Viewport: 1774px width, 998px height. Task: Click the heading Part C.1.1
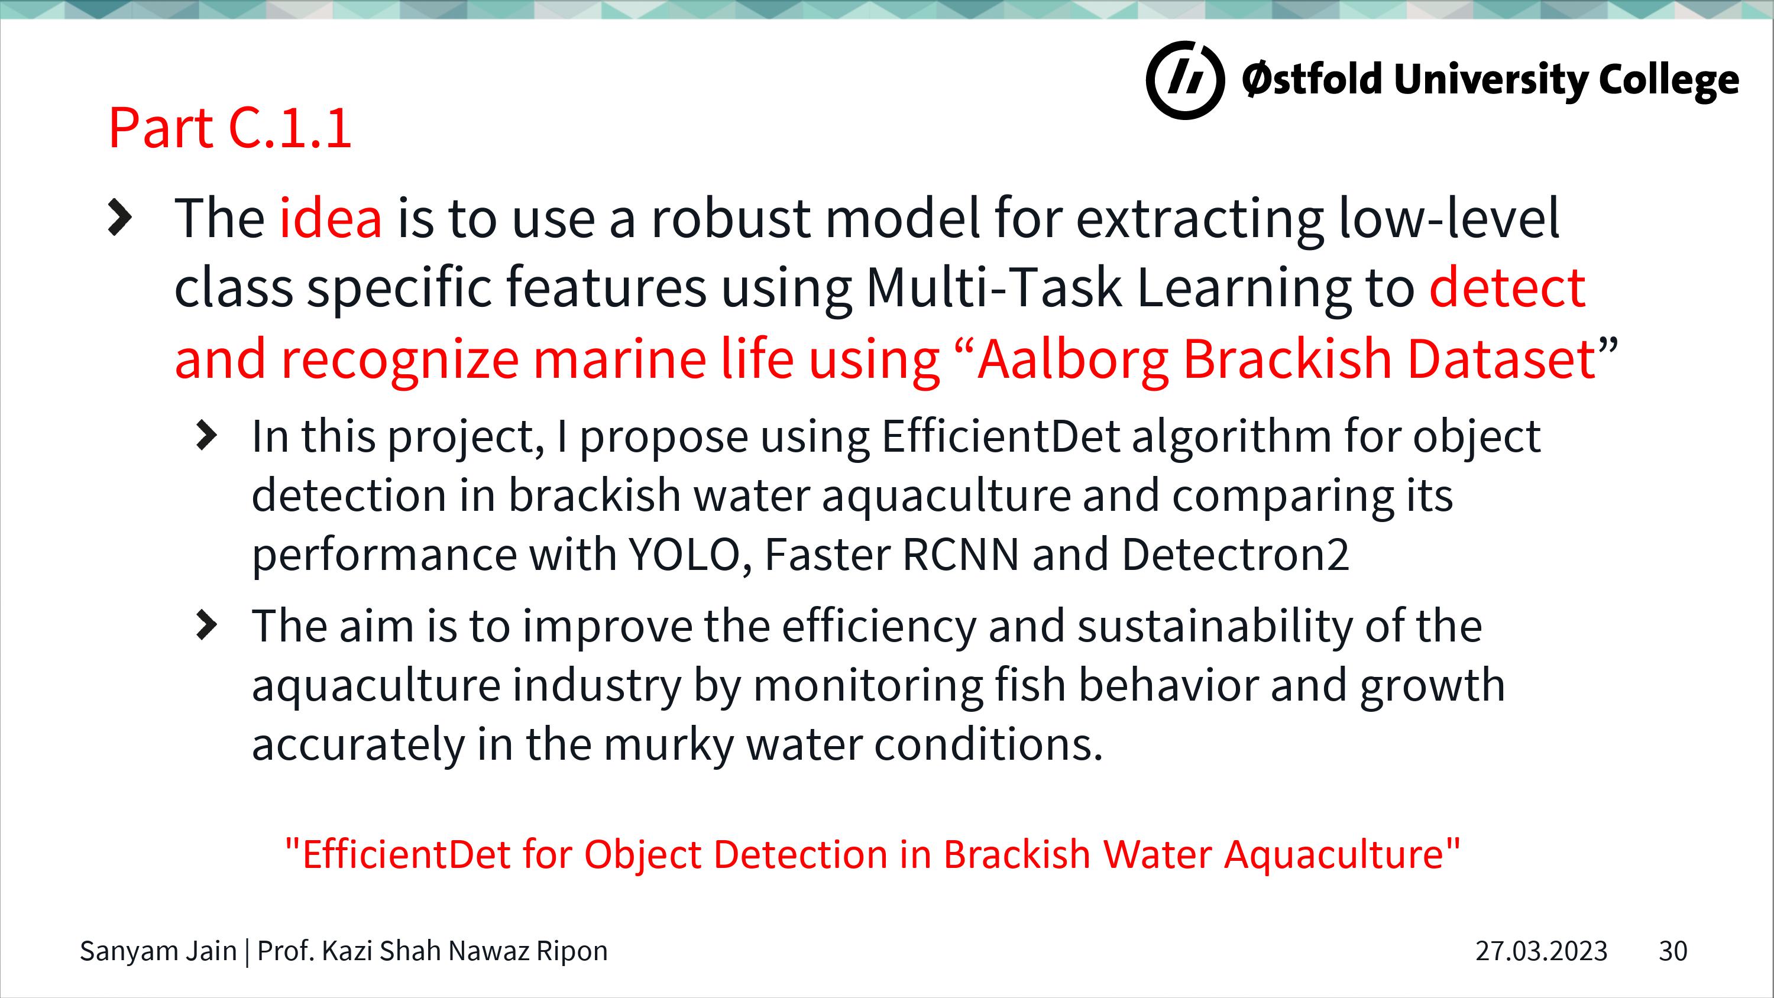tap(230, 128)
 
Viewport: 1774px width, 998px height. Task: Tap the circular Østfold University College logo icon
tap(1185, 80)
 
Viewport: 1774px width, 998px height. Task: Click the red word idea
tap(331, 218)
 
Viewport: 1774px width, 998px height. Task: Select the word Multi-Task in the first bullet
tap(994, 287)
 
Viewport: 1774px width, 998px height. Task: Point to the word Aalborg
tap(1073, 360)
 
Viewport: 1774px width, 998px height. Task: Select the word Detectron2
tap(1235, 555)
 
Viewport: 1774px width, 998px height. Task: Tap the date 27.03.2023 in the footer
tap(1541, 951)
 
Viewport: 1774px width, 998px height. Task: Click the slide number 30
tap(1673, 951)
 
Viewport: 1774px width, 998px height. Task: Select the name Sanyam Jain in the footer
tap(158, 951)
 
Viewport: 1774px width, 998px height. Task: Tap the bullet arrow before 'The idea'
tap(120, 218)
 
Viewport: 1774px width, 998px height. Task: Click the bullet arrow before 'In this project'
tap(206, 436)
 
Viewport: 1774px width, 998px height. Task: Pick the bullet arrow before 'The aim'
tap(206, 626)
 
